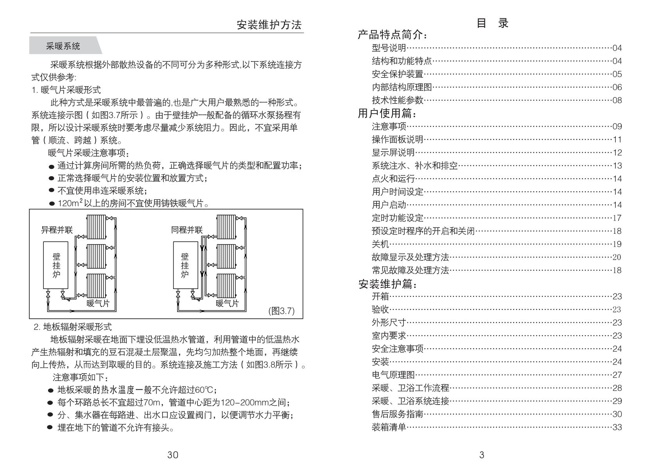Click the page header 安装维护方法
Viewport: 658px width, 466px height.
coord(269,25)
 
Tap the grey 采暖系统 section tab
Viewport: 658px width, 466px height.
coord(66,45)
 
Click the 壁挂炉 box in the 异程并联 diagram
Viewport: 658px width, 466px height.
coord(56,265)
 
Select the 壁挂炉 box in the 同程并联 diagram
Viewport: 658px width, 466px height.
coord(186,265)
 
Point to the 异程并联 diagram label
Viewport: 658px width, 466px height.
coord(57,230)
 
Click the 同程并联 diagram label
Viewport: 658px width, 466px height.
coord(187,230)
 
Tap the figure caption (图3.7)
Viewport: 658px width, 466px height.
coord(281,311)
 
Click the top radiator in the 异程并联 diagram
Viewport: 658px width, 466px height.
coord(96,227)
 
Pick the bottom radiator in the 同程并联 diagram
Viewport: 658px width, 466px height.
coord(226,286)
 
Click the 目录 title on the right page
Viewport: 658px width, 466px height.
coord(492,23)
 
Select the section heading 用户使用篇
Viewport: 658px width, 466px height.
coord(387,113)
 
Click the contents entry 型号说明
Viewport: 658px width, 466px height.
coord(389,48)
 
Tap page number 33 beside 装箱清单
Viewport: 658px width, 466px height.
coord(617,427)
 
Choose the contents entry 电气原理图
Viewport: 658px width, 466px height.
coord(393,375)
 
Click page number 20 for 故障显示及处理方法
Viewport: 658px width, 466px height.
coord(617,257)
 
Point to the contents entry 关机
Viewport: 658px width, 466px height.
coord(380,244)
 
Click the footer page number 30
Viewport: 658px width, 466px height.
coord(173,455)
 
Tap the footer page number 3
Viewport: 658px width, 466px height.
coord(482,455)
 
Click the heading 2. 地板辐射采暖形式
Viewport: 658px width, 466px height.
coord(73,327)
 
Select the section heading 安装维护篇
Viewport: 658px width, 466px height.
coord(387,284)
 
